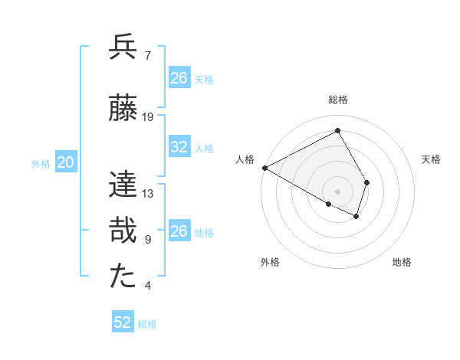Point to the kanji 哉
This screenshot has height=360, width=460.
tap(123, 231)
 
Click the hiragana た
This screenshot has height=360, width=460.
tap(123, 277)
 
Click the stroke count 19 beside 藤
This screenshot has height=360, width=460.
tap(148, 116)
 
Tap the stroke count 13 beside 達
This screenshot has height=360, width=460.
tap(148, 193)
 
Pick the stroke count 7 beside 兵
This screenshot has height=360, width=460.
tap(147, 55)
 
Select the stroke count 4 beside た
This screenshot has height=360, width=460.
tap(147, 286)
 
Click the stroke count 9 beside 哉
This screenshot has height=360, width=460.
tap(147, 240)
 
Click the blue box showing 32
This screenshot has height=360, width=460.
tap(179, 148)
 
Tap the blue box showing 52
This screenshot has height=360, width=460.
tap(123, 322)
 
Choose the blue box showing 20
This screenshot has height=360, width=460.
tap(66, 162)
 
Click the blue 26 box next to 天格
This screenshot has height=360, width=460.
tap(179, 78)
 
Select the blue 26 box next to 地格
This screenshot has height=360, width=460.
tap(179, 232)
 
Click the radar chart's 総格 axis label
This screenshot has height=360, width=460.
tap(338, 100)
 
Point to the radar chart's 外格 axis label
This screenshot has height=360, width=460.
tap(270, 263)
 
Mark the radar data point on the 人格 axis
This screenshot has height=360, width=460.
tap(264, 168)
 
